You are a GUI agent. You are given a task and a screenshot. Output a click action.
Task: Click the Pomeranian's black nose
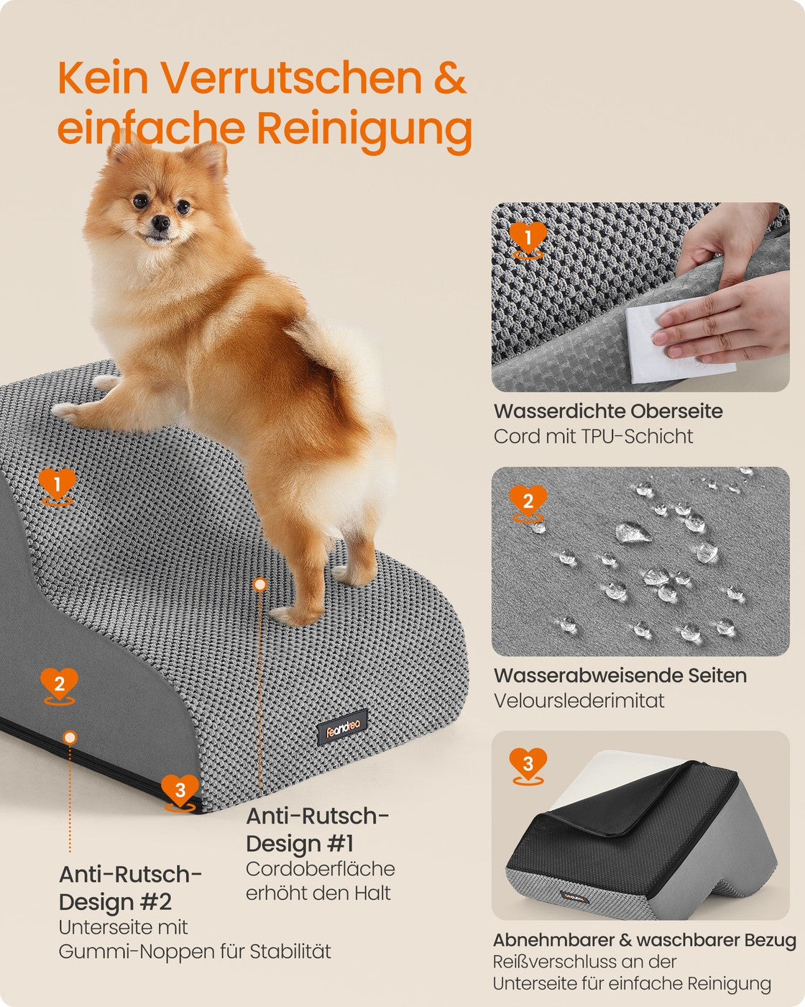click(x=161, y=223)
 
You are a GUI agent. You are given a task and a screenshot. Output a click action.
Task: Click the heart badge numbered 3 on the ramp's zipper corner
click(x=180, y=791)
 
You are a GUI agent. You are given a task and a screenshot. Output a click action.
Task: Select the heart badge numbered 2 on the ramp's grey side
click(x=60, y=685)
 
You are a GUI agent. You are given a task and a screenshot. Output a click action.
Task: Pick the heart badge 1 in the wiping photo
click(x=528, y=240)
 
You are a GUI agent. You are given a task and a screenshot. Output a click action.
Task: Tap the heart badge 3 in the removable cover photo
click(x=528, y=765)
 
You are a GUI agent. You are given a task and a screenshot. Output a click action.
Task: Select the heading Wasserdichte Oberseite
click(x=608, y=411)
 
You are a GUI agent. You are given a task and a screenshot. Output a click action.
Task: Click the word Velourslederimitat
click(x=579, y=701)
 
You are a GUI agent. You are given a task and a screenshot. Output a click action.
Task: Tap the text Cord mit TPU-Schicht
click(x=594, y=437)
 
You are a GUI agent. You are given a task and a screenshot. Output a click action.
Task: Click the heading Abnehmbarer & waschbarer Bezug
click(x=645, y=940)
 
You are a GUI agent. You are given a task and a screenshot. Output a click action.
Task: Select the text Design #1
click(x=300, y=843)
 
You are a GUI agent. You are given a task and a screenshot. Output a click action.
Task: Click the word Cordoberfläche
click(x=321, y=869)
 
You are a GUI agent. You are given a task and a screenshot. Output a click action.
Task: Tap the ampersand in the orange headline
click(x=450, y=78)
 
